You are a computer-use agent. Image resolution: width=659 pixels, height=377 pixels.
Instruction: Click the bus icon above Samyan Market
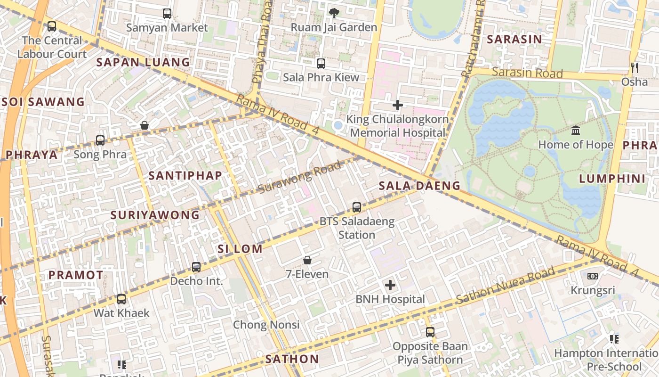coord(167,14)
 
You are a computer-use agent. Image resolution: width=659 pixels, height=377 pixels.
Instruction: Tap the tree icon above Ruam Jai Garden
coord(334,13)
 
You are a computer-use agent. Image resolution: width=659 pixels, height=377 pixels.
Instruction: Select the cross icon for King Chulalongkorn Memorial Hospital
coord(398,105)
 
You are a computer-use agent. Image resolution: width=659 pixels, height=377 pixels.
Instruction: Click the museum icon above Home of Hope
coord(575,130)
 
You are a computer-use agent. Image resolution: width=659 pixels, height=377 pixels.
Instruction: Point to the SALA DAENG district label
coord(419,186)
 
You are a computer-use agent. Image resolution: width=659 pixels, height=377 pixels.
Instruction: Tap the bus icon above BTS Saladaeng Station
coord(357,207)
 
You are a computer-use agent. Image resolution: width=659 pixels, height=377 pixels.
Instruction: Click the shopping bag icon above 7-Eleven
coord(307,260)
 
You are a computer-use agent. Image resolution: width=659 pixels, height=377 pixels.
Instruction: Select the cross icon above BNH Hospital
coord(390,285)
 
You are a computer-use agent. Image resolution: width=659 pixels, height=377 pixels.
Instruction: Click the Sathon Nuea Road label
coord(506,286)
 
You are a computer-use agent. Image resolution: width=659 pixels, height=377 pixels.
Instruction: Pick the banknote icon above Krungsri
coord(593,276)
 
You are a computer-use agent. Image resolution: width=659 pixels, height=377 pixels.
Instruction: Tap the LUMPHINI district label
coord(612,179)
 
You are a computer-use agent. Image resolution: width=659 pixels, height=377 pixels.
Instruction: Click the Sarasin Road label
coord(527,73)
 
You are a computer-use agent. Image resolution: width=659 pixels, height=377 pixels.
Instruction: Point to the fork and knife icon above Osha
coord(635,68)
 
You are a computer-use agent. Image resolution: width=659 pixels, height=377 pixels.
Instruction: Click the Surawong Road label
coord(299,178)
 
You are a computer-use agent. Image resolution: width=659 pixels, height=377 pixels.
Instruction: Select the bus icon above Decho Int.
coord(196,267)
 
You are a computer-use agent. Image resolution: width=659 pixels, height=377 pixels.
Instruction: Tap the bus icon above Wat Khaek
coord(121,299)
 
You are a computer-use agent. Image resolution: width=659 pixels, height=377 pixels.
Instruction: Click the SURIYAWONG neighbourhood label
coord(155,215)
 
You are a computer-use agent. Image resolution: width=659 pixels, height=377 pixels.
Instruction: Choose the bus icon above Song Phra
coord(100,140)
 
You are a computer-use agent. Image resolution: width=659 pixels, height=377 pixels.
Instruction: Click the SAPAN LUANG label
coord(143,62)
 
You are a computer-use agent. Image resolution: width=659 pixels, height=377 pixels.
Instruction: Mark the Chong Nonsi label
coord(266,325)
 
